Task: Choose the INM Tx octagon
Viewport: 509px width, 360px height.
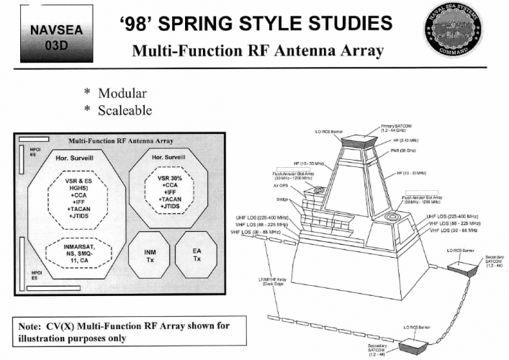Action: [147, 257]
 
